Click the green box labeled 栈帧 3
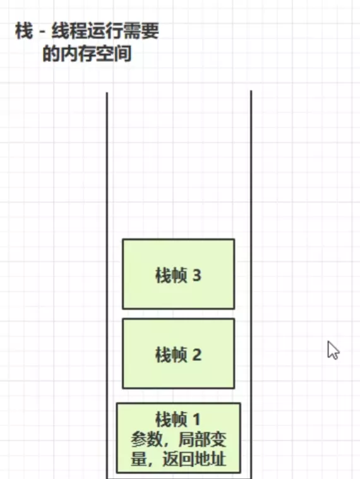click(x=179, y=274)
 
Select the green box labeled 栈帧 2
click(x=179, y=353)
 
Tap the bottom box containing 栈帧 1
click(x=179, y=438)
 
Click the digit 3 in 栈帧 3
click(x=196, y=275)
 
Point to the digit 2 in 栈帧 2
click(x=196, y=355)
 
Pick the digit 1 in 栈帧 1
click(x=196, y=419)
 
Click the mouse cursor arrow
click(x=333, y=350)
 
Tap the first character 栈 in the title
click(x=24, y=31)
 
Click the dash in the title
click(x=42, y=32)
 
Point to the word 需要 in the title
click(x=141, y=31)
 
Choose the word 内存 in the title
click(x=78, y=54)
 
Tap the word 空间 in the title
click(x=114, y=54)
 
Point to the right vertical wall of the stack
click(x=251, y=285)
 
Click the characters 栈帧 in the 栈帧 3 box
click(x=171, y=275)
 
